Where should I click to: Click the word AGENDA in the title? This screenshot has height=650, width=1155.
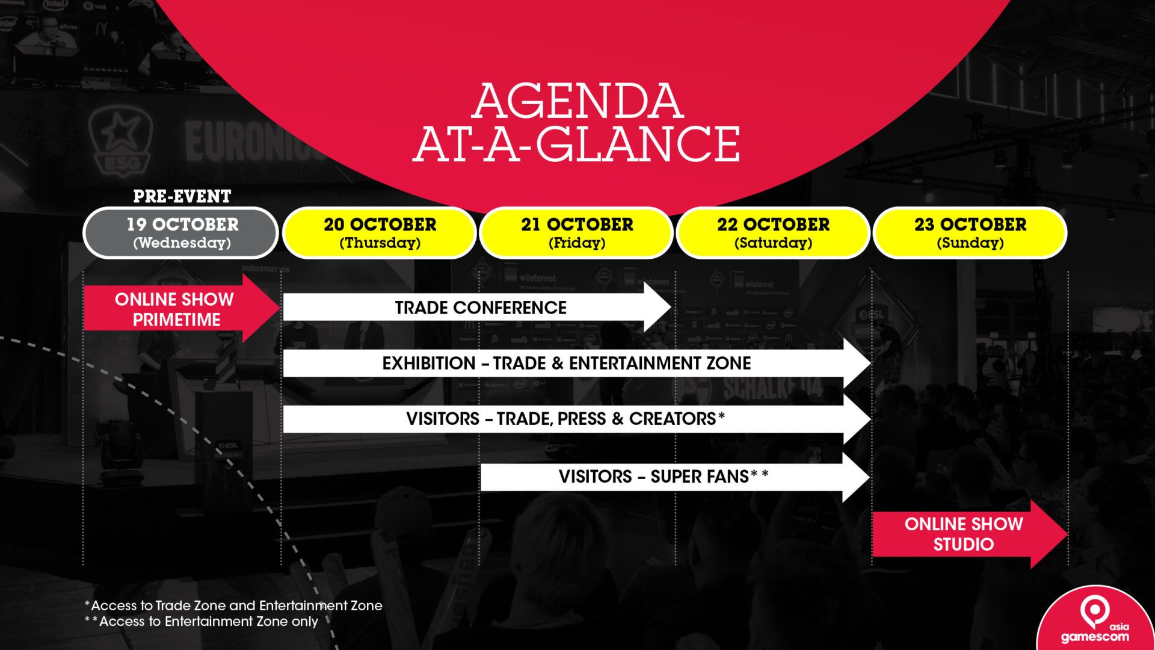coord(577,101)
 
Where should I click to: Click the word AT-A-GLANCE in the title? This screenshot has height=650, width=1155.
coord(576,144)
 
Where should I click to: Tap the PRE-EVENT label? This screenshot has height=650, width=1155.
coord(182,196)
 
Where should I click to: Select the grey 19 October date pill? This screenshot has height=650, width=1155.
coord(180,233)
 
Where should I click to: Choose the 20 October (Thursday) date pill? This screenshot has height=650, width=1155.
coord(380,233)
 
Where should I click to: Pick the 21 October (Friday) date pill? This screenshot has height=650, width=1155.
coord(577,233)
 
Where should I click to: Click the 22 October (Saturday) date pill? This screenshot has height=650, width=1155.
coord(773,233)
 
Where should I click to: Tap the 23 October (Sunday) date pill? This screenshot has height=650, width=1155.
coord(970,233)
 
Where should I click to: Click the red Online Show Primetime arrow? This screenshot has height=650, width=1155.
coord(182,308)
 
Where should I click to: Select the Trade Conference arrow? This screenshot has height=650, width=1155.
coord(477,308)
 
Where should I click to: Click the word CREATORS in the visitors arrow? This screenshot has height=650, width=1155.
coord(673,418)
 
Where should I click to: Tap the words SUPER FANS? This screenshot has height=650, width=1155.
coord(700,477)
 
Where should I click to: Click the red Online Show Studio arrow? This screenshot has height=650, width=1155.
coord(970,534)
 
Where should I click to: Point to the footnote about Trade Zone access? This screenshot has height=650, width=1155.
coord(233,605)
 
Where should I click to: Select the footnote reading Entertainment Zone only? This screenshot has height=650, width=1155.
coord(201,622)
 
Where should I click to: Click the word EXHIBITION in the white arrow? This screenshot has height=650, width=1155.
coord(429,363)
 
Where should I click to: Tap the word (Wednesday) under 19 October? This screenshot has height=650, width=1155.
coord(182,243)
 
